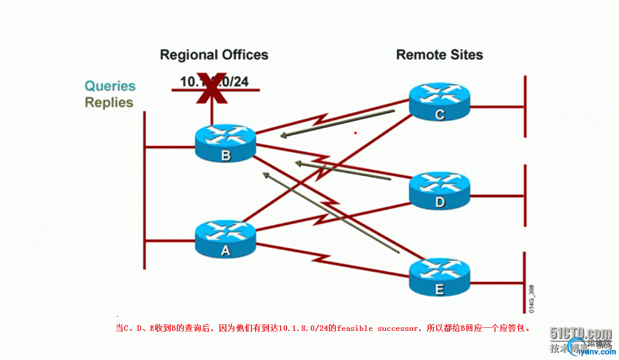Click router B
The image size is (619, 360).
pos(225,143)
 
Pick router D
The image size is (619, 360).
pos(439,190)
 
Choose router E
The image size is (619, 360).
pos(439,277)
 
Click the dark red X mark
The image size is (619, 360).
pos(211,90)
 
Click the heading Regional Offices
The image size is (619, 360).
pos(214,55)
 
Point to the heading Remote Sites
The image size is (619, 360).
pos(439,55)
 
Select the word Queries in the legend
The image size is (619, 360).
pos(110,86)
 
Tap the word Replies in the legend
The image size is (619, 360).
pos(109,102)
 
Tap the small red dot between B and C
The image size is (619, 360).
pos(355,133)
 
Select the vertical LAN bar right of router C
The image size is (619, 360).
pos(525,106)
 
